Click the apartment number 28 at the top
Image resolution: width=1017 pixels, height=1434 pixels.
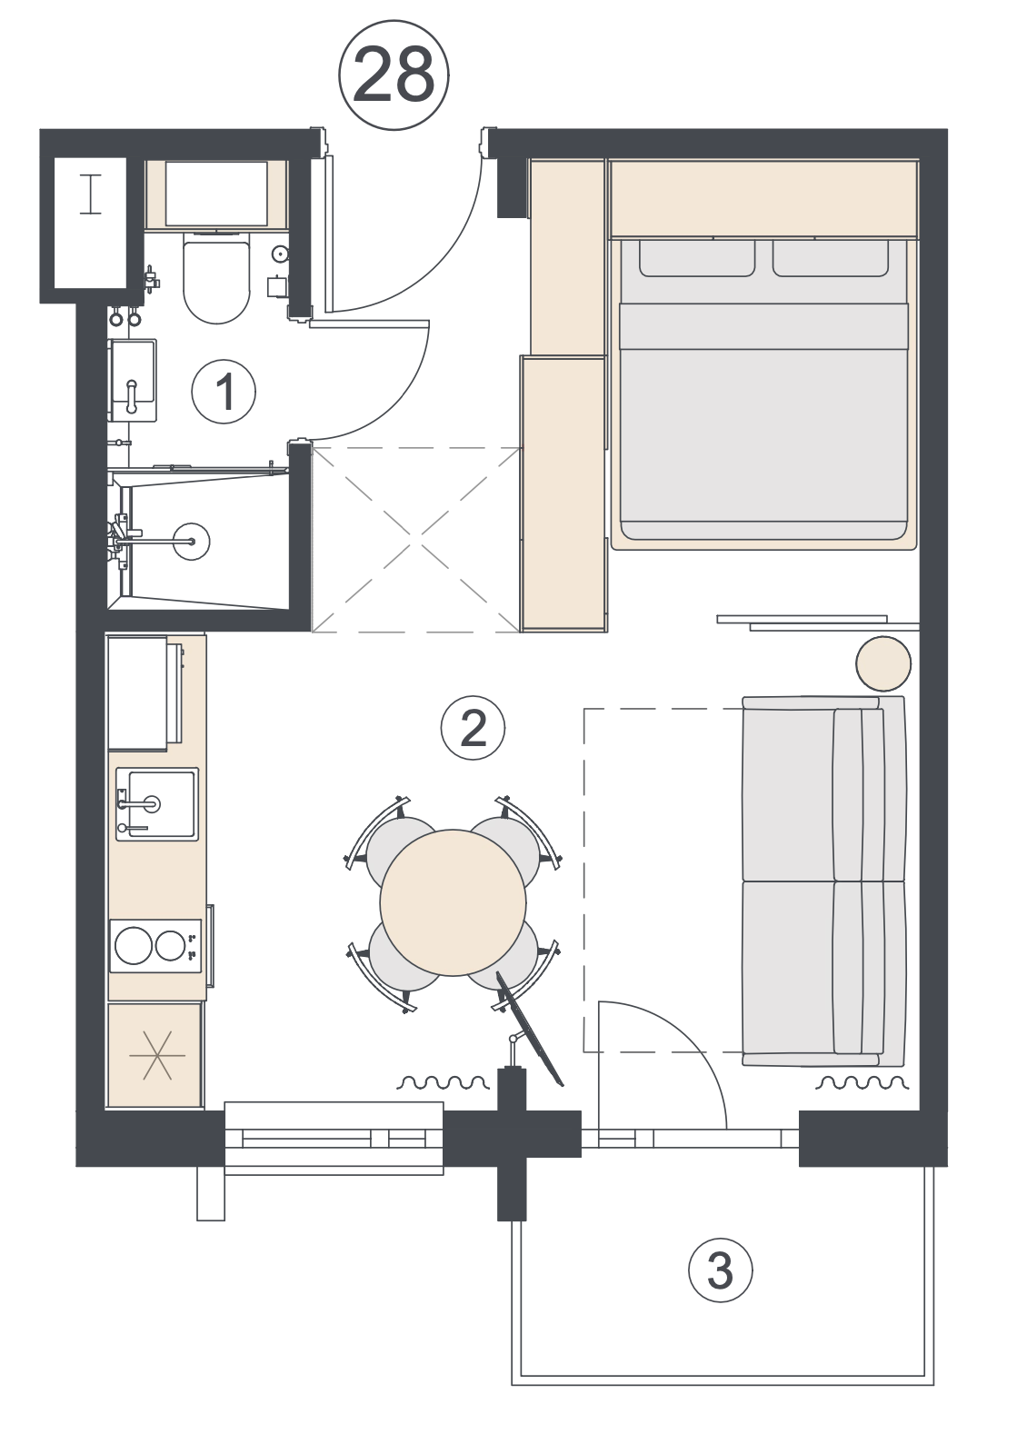click(x=394, y=75)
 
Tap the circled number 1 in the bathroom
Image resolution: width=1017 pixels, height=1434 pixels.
click(x=224, y=391)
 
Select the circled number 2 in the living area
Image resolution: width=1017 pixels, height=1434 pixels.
click(x=473, y=728)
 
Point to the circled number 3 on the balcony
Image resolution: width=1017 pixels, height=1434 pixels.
click(x=720, y=1270)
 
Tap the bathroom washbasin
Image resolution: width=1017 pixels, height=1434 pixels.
click(x=133, y=380)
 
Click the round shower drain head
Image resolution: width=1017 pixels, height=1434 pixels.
click(x=192, y=542)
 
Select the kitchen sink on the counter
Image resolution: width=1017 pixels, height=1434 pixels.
click(x=157, y=804)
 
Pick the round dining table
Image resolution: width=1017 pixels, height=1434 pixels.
click(x=453, y=902)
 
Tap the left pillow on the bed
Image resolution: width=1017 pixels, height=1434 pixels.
click(x=697, y=259)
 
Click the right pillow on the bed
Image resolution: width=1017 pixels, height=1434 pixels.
click(x=831, y=259)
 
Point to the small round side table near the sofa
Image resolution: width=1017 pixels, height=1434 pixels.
click(x=883, y=664)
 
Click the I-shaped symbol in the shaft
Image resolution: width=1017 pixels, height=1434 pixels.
click(x=91, y=194)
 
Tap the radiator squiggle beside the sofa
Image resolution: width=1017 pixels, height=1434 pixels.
click(x=862, y=1083)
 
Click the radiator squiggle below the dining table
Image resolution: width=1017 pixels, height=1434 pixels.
click(x=444, y=1083)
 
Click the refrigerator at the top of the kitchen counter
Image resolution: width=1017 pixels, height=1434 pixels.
click(x=145, y=692)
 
